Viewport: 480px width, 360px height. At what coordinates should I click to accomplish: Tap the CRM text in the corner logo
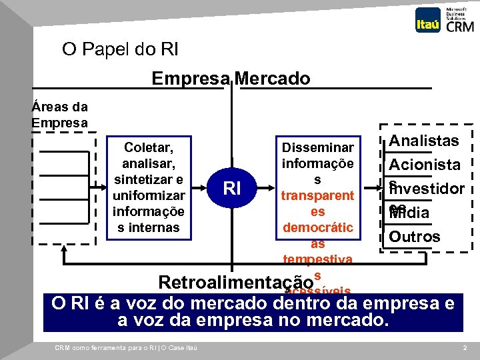pos(460,27)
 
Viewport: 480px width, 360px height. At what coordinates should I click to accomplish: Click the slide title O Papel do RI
pos(120,49)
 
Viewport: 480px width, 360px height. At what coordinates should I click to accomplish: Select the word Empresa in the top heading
pos(191,79)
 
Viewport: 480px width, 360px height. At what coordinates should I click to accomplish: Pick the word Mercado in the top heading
pos(271,79)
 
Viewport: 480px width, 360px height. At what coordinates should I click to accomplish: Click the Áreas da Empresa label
pos(59,115)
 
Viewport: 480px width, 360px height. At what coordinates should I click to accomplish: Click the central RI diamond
pos(232,189)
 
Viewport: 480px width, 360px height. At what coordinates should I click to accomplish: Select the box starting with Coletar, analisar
pos(149,186)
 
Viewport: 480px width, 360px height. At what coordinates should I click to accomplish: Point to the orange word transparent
pos(317,196)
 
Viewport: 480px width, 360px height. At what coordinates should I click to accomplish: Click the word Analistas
pos(424,141)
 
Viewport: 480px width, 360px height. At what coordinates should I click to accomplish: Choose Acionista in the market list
pos(425,164)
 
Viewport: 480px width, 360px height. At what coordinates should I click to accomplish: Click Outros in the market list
pos(415,237)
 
